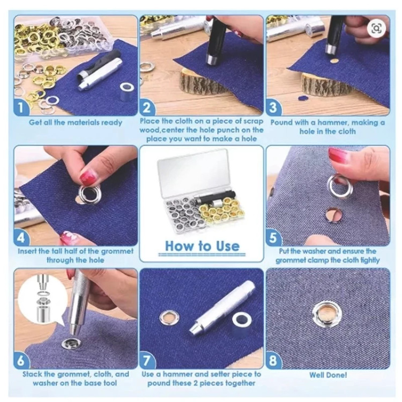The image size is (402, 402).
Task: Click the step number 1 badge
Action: click(x=21, y=108)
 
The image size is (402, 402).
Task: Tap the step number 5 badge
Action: click(x=273, y=237)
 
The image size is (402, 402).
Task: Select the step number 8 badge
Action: click(x=273, y=361)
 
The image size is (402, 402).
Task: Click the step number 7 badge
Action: click(x=147, y=361)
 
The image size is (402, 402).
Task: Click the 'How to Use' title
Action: click(x=202, y=246)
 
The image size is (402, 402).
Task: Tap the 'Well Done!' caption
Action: click(x=328, y=375)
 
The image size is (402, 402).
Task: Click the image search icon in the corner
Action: click(x=376, y=28)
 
